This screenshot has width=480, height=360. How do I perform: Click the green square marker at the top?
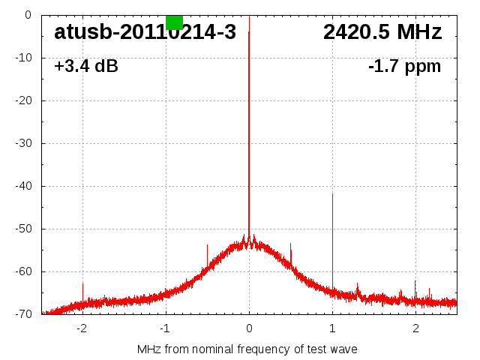click(174, 22)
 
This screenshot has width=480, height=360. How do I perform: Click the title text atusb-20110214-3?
click(145, 32)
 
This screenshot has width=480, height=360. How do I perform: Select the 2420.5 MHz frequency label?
click(382, 32)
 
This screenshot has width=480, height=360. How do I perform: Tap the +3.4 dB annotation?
click(85, 66)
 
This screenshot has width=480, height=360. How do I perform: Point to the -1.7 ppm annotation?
click(404, 66)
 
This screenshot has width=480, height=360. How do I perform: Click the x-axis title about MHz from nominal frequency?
click(247, 349)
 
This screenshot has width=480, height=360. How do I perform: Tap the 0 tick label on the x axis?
click(249, 328)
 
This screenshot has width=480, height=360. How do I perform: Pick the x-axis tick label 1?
click(332, 328)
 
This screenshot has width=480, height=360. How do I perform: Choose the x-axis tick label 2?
click(415, 328)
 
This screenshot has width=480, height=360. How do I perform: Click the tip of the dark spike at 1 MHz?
click(332, 194)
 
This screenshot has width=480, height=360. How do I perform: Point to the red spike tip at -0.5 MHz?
click(207, 244)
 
